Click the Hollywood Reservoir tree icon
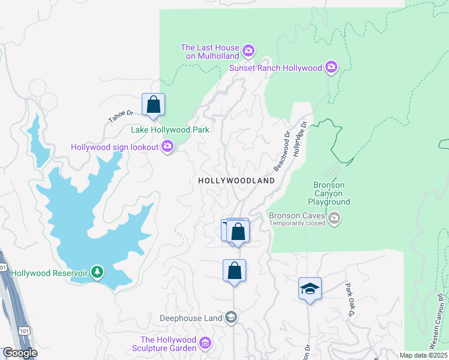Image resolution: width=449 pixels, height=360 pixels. point(97,273)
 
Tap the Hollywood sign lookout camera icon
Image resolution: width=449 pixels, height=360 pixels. point(168,146)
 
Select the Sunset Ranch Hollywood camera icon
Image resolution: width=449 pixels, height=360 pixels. point(331,68)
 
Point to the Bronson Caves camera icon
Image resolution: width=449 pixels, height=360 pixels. point(335,220)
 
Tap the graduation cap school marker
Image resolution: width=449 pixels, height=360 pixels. point(310,289)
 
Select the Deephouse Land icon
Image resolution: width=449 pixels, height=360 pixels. point(232,317)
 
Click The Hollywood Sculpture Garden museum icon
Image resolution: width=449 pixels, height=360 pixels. point(205,343)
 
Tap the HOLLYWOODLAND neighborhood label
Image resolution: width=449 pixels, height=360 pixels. point(237,181)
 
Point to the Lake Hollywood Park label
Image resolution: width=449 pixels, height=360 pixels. point(170,130)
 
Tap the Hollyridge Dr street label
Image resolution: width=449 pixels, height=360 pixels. point(299,139)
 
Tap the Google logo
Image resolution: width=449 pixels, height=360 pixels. point(20,353)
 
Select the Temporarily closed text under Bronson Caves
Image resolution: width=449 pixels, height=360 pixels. point(297,224)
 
